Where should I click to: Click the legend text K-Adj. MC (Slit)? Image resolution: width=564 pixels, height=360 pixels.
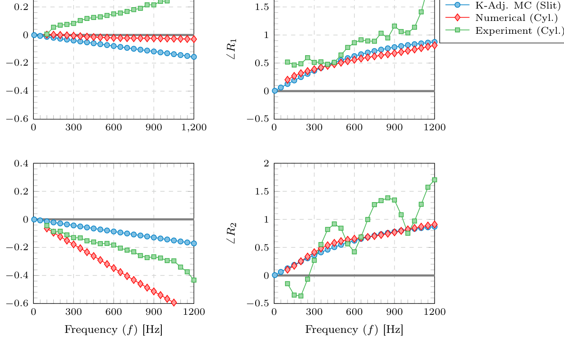click(518, 6)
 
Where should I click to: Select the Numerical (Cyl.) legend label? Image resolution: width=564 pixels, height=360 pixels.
click(516, 18)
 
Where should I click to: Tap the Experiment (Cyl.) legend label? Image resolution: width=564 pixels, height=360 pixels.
click(519, 30)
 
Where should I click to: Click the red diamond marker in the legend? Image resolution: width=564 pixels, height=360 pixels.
click(457, 18)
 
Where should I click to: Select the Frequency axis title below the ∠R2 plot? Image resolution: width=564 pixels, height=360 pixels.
click(354, 330)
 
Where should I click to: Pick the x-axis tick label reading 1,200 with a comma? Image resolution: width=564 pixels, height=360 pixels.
click(194, 127)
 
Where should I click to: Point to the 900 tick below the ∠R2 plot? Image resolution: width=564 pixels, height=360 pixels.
click(395, 312)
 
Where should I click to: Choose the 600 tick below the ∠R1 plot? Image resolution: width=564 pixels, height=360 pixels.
click(355, 127)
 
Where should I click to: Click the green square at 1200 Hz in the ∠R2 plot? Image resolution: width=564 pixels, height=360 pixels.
click(435, 180)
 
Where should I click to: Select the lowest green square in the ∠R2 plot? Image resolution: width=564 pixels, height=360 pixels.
click(301, 296)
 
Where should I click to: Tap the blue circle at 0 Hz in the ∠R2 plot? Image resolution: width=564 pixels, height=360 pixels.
click(274, 275)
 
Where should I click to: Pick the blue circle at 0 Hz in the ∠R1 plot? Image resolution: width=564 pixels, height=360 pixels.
click(274, 90)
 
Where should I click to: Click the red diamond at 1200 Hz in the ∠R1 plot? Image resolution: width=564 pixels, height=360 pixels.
click(435, 45)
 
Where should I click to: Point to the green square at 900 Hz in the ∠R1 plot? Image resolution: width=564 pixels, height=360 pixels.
click(395, 26)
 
